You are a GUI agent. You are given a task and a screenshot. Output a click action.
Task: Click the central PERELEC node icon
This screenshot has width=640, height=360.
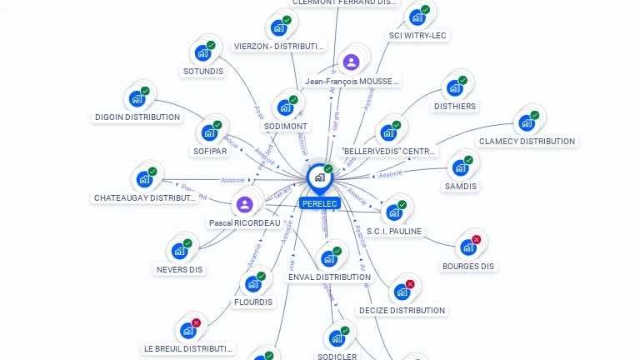(319, 177)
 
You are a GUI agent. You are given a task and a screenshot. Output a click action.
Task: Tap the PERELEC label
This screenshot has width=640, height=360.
(319, 203)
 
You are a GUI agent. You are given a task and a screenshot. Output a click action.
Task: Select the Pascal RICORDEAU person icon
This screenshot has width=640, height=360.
(244, 204)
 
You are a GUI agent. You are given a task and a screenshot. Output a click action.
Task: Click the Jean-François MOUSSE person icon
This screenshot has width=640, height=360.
(351, 62)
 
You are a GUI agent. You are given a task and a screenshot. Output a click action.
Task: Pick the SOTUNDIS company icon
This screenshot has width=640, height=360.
(202, 52)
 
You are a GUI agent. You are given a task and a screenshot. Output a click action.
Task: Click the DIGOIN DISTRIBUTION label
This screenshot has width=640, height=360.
(137, 117)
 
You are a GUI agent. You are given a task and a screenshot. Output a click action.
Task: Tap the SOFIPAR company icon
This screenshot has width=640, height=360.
(209, 132)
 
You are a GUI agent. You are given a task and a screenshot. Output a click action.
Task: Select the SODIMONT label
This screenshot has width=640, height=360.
(286, 126)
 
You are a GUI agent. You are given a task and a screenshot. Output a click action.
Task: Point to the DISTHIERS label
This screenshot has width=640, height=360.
(454, 106)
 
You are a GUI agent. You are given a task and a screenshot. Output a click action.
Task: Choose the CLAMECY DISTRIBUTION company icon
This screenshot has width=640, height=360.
(526, 123)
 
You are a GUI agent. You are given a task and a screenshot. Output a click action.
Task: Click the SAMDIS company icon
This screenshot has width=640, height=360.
(460, 167)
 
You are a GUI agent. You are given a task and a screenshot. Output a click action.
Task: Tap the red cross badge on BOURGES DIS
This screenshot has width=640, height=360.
(477, 239)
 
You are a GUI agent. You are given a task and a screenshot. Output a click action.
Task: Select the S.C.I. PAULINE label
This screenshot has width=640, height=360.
(394, 231)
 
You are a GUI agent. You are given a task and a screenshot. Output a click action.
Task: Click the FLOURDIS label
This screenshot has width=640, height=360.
(252, 302)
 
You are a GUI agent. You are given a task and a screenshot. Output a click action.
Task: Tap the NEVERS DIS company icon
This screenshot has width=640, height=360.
(179, 251)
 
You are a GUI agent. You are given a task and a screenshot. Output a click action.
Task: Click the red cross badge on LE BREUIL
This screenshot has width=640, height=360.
(196, 322)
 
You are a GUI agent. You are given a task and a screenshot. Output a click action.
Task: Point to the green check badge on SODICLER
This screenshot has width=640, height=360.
(345, 331)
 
